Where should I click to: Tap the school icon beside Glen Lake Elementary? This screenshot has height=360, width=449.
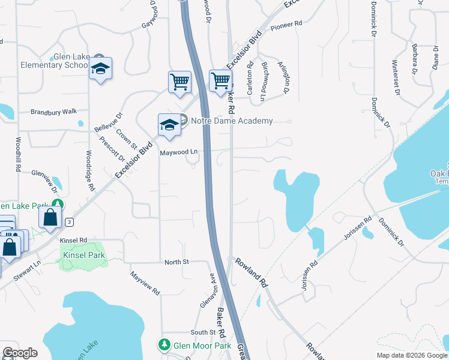tap(101, 69)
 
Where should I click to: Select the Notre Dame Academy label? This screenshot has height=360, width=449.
tap(232, 121)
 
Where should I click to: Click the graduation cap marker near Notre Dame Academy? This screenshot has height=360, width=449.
tap(169, 125)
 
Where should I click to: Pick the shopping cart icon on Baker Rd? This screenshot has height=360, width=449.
tap(221, 80)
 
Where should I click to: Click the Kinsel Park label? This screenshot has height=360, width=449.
tap(84, 255)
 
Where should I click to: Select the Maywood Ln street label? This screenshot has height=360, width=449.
tap(179, 152)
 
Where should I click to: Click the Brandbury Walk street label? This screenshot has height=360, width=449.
tap(54, 112)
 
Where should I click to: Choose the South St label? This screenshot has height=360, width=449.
tap(203, 332)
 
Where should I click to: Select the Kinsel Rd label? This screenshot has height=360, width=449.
tap(74, 240)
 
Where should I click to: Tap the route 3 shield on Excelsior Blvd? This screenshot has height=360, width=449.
tap(70, 222)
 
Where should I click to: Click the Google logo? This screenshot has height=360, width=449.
tap(20, 353)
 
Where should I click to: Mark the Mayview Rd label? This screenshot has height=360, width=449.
tap(146, 283)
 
